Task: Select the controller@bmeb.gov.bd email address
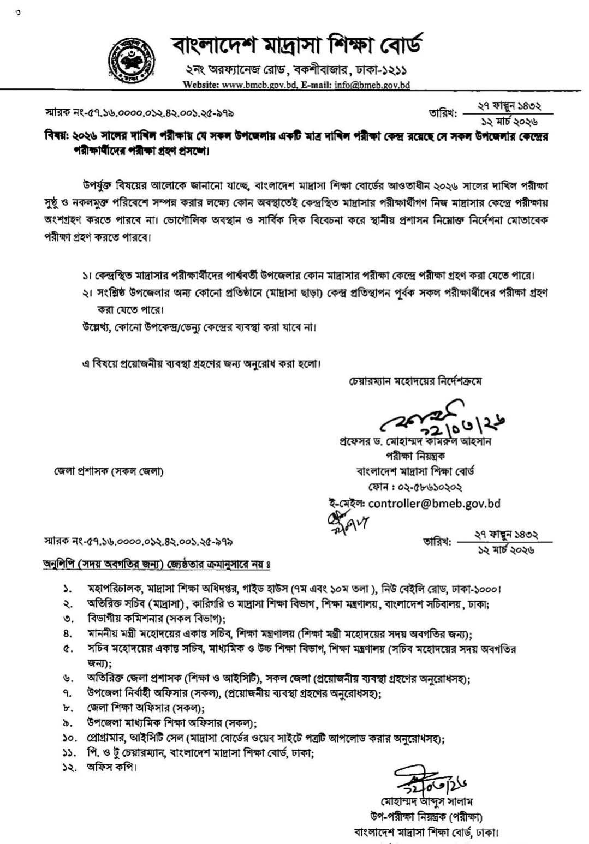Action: tap(434, 504)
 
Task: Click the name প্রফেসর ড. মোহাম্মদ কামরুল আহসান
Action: tap(415, 441)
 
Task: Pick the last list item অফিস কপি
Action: tap(111, 767)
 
